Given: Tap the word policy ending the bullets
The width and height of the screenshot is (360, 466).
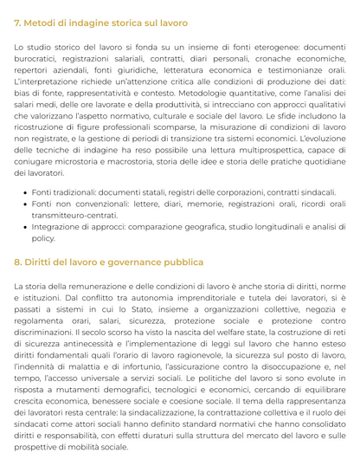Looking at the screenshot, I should click(43, 237).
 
